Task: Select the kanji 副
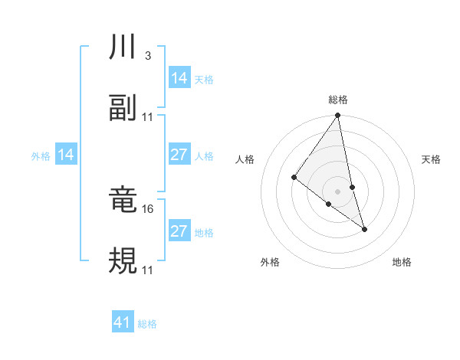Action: click(x=123, y=108)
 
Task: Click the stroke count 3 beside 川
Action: click(x=147, y=56)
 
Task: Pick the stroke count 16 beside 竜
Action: click(x=149, y=208)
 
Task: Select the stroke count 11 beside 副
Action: click(x=148, y=116)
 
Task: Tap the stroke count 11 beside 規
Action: click(x=148, y=269)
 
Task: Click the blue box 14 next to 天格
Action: click(x=179, y=78)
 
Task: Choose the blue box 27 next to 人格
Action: click(x=179, y=155)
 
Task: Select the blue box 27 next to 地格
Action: click(x=179, y=231)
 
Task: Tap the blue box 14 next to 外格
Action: click(x=66, y=155)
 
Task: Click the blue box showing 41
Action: click(x=123, y=322)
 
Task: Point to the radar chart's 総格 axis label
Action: click(x=338, y=100)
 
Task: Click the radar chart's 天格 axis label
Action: click(x=431, y=159)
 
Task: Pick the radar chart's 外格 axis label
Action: click(x=270, y=262)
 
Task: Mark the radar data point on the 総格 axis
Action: click(x=338, y=116)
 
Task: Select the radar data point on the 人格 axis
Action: click(x=294, y=177)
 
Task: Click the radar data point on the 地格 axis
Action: click(x=364, y=228)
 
